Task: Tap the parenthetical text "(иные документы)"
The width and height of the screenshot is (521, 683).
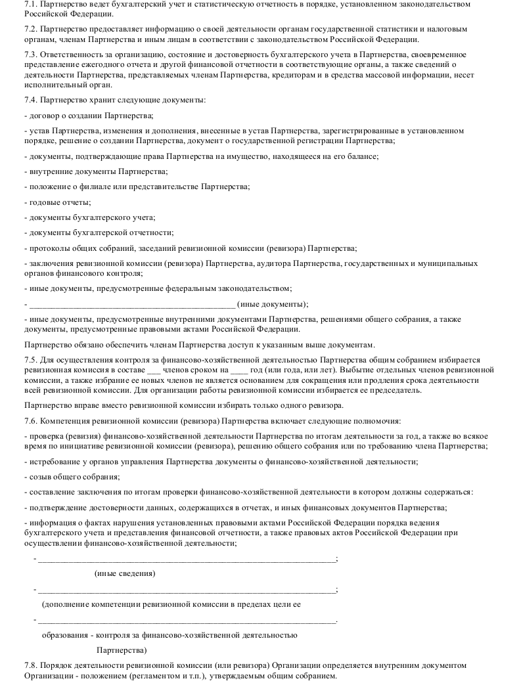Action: [272, 304]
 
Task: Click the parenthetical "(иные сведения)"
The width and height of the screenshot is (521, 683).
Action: [125, 573]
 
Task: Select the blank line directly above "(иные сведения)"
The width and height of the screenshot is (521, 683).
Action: [187, 559]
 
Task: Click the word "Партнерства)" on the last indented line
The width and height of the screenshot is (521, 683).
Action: [121, 650]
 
